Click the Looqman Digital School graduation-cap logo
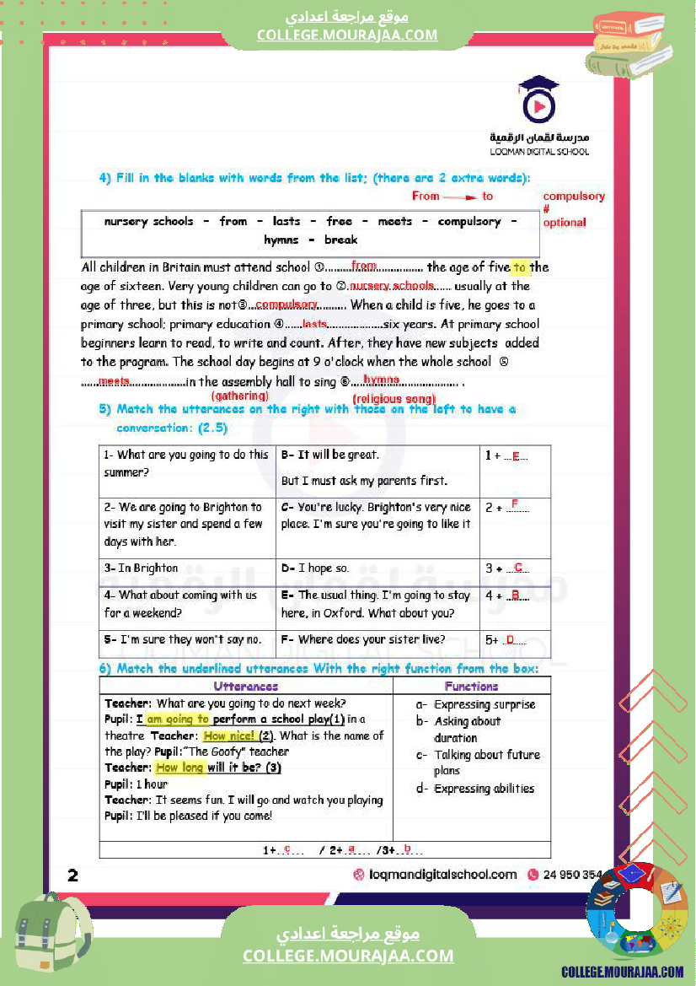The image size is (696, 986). click(539, 102)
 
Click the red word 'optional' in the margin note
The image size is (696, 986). click(565, 223)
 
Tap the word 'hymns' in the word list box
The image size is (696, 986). click(281, 240)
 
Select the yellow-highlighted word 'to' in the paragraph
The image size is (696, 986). click(520, 267)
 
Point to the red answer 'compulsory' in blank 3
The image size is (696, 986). click(286, 304)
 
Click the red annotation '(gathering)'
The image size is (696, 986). click(239, 396)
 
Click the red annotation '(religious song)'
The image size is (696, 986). click(394, 399)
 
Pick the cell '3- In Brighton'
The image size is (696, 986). click(187, 568)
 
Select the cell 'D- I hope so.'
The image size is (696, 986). click(377, 568)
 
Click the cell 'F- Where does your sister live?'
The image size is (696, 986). click(377, 639)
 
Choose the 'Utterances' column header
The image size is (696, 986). click(246, 687)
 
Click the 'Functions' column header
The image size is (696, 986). click(472, 687)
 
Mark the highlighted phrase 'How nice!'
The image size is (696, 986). click(228, 735)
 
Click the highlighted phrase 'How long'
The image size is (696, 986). click(179, 768)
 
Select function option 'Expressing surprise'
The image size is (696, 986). click(484, 704)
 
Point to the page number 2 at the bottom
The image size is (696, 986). click(73, 876)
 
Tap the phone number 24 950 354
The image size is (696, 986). click(572, 875)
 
